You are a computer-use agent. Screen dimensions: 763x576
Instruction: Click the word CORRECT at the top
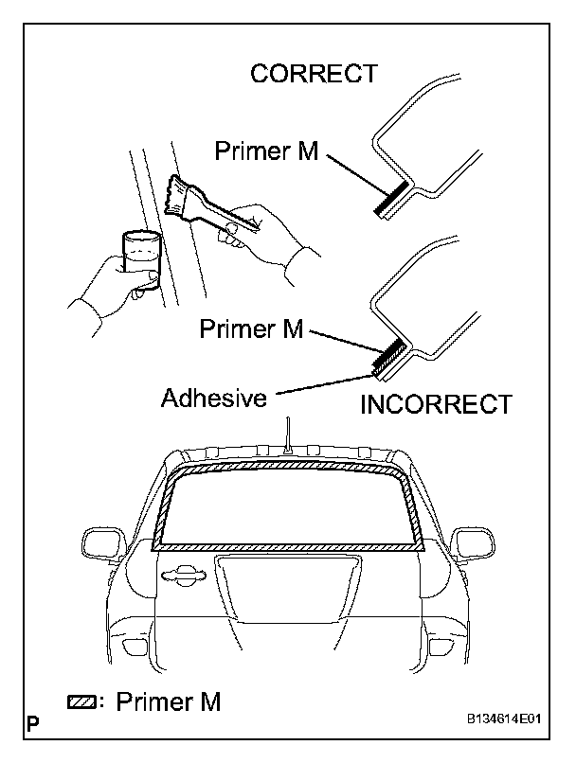coord(314,74)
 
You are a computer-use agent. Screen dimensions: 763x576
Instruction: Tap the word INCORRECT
coord(436,405)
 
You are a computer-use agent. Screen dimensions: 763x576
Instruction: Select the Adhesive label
coord(213,398)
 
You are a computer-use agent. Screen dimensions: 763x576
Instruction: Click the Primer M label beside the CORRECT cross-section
coord(268,151)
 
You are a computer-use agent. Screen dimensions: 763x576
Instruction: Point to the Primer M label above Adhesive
coord(251,328)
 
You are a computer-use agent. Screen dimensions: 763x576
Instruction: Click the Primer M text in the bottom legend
coord(167,702)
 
